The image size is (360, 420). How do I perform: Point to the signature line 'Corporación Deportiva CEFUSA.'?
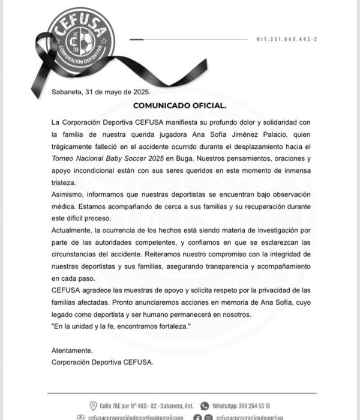click(103, 362)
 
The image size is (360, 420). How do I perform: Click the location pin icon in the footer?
click(93, 406)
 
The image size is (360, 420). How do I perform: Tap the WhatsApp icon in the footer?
click(204, 406)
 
